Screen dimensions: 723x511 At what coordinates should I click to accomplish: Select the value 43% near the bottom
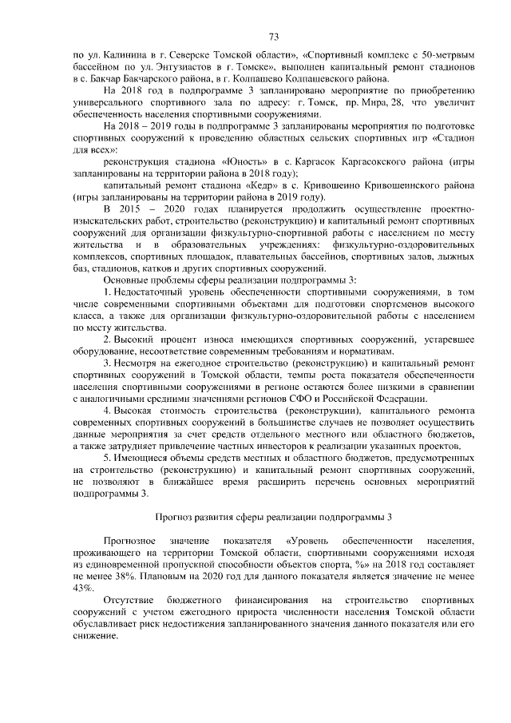click(x=84, y=587)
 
